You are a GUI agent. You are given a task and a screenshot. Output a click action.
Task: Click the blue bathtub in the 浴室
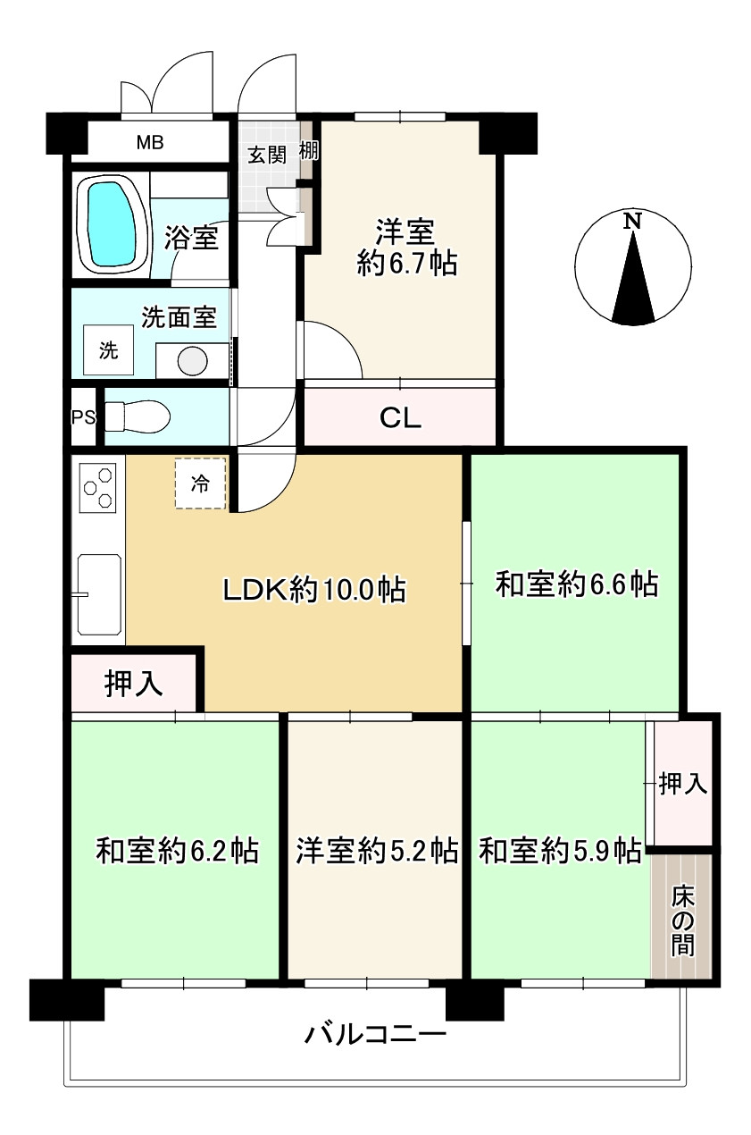[112, 223]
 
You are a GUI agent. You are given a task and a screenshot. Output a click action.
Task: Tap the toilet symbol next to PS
[138, 417]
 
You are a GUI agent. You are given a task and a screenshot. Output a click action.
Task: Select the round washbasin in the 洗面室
[192, 361]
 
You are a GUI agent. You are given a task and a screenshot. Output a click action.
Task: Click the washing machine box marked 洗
[108, 350]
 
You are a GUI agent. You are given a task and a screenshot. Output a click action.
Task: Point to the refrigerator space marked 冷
[201, 483]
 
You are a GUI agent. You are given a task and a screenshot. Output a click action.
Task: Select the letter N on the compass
[632, 222]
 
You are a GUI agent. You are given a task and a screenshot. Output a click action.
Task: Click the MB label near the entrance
[150, 143]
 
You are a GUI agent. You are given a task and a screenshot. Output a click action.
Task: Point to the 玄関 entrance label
[267, 155]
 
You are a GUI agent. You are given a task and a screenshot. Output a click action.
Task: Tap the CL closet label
[400, 418]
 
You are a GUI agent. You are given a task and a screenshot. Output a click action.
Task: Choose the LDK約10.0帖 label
[314, 589]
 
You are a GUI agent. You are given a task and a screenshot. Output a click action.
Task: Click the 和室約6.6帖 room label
[577, 584]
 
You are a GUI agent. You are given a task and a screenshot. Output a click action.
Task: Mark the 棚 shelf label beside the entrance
[309, 151]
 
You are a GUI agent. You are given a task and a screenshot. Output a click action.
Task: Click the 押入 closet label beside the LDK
[134, 684]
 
